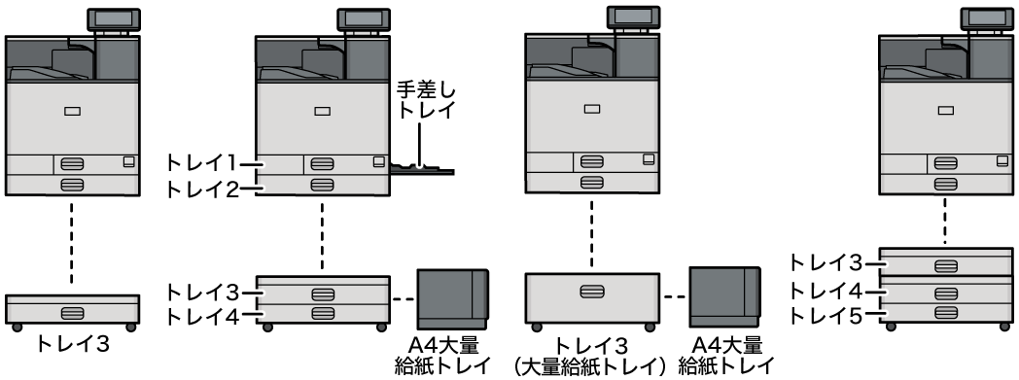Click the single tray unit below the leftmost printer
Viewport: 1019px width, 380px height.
pos(70,310)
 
